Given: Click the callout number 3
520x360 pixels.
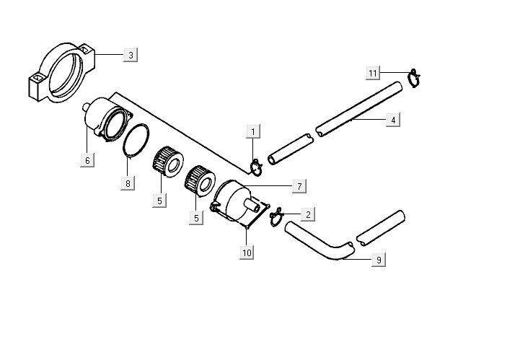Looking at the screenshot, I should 131,56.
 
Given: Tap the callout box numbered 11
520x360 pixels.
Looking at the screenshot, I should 373,74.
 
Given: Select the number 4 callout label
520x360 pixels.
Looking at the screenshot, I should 392,120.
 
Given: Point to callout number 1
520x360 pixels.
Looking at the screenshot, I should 253,131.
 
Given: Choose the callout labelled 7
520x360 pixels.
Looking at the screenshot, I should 299,186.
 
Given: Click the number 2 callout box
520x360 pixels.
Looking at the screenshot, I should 308,214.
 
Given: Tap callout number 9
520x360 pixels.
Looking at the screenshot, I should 379,260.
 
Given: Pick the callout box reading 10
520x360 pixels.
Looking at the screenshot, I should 247,252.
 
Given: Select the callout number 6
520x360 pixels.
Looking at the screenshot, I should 87,160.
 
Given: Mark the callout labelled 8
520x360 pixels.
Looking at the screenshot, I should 128,183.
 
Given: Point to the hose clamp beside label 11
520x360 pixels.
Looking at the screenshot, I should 414,76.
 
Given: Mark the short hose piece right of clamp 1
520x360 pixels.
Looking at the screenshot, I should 289,149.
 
